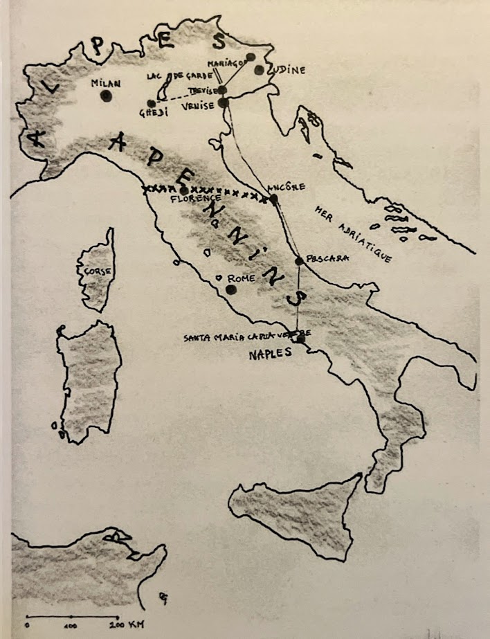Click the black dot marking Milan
click(106, 96)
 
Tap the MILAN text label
click(106, 83)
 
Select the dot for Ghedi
click(152, 104)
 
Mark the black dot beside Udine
click(260, 70)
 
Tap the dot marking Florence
click(184, 190)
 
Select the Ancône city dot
click(273, 199)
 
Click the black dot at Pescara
click(299, 261)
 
